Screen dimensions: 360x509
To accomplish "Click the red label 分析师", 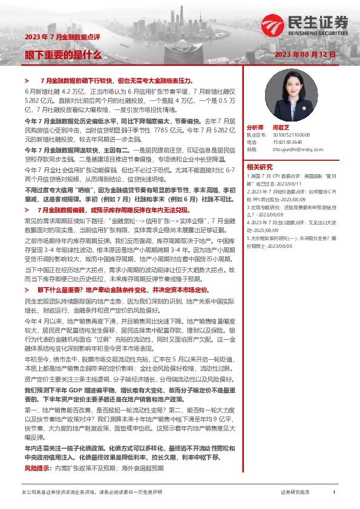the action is coord(255,128).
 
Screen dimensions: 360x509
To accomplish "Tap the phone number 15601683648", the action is coord(287,142).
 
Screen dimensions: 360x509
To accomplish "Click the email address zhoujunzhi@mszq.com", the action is coord(293,149).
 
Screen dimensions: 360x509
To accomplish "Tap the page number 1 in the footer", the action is coord(333,493).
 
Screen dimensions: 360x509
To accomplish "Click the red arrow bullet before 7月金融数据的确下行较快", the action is coord(27,80).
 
